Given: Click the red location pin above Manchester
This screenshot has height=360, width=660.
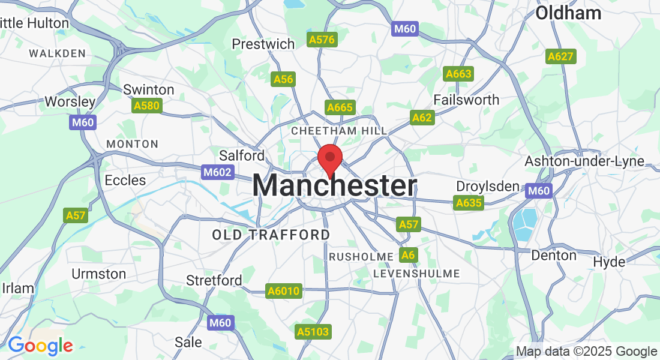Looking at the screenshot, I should [329, 159].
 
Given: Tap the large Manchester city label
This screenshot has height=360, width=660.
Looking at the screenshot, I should [334, 185].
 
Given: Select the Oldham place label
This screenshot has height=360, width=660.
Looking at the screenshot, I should [568, 13].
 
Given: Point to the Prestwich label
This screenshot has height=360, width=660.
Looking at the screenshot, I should [263, 44].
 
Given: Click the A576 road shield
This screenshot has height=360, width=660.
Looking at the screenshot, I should [323, 40].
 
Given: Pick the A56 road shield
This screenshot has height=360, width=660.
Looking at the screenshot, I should [283, 79].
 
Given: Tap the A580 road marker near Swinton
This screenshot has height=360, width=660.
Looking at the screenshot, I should [146, 106].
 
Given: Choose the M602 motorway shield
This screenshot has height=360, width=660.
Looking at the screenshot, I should [216, 172].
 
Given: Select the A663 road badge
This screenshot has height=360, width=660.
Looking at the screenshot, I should [458, 74].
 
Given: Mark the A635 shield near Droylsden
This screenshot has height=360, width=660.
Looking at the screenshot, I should [469, 203].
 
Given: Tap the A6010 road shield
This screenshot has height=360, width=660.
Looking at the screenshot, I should [283, 291].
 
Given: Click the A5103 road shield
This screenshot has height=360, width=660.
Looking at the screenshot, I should [313, 331].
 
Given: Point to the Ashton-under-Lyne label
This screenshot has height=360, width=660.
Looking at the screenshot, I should [584, 161].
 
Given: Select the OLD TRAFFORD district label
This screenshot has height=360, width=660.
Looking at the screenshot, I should [271, 235].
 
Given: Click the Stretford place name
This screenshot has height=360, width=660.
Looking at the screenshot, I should [214, 280].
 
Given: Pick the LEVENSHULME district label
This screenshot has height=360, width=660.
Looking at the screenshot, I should [416, 274].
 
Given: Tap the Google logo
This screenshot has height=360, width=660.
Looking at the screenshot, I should [40, 346].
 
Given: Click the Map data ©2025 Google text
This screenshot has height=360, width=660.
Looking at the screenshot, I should [586, 352].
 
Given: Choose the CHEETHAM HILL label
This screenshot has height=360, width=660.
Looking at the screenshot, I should [339, 131].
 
